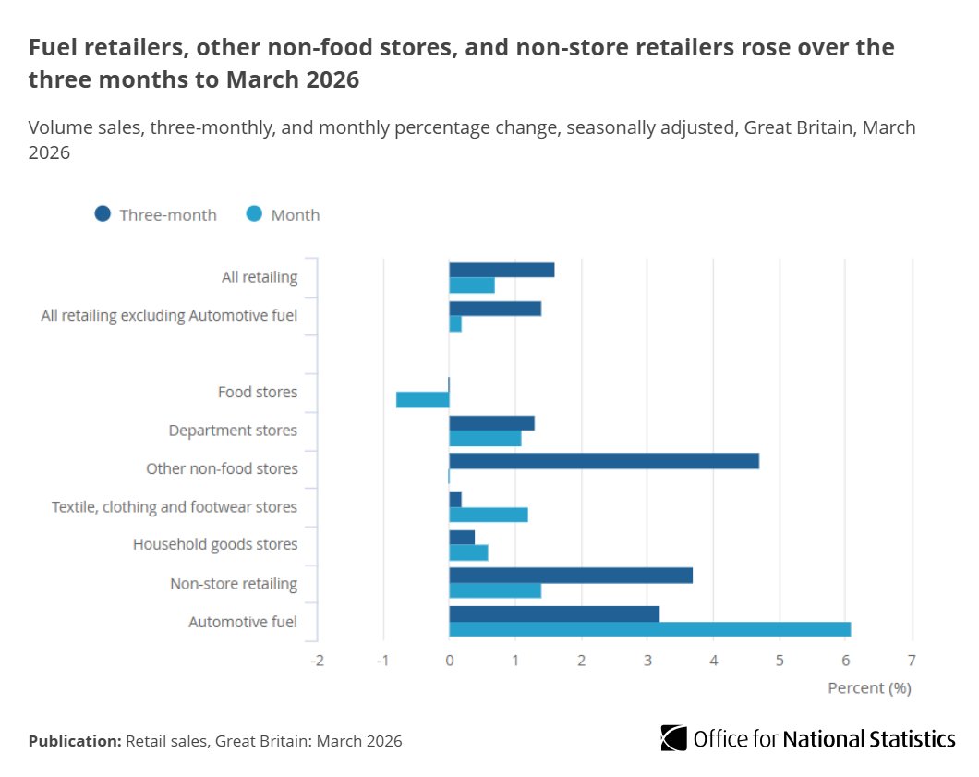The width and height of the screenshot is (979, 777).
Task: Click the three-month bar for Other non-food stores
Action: pos(604,461)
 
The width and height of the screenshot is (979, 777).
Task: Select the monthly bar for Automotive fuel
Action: pos(649,629)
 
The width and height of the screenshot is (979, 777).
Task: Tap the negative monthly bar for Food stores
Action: pos(423,399)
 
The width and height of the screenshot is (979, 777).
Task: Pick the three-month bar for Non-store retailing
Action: pos(571,576)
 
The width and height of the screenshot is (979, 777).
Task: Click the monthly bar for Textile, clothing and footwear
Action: pos(489,515)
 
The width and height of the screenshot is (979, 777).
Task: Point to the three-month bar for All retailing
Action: pos(502,270)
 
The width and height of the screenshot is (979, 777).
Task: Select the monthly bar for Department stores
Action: pos(485,438)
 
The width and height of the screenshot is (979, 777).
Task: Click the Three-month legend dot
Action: pos(103,214)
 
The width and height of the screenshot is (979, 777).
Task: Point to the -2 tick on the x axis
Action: pos(317,661)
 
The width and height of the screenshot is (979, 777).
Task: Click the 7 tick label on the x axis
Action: pos(913,661)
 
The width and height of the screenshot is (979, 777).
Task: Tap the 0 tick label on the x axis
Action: pos(449,661)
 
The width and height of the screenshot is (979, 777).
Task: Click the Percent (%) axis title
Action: pos(869,688)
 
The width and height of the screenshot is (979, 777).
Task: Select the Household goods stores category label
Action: pos(215,544)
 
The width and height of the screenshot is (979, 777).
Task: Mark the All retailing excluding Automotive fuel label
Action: pos(169,316)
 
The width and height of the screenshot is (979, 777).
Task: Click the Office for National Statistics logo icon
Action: pos(674,738)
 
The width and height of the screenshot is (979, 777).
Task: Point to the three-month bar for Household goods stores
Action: pos(462,538)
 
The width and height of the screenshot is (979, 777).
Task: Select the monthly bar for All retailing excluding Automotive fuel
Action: pos(455,324)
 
